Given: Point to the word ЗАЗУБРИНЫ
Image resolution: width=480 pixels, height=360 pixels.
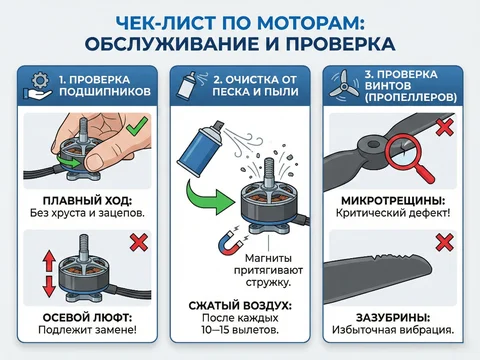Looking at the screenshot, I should (x=394, y=317).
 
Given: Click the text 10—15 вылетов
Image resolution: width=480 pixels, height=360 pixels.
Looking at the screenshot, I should (x=240, y=332).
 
